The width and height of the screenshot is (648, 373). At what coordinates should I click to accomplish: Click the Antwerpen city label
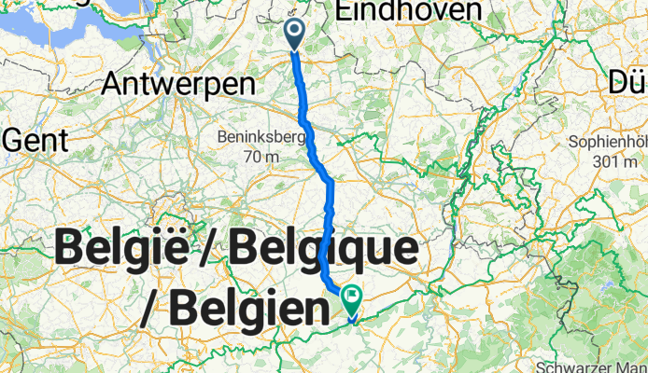pos(178,84)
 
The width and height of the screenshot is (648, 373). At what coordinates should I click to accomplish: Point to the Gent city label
pos(36,142)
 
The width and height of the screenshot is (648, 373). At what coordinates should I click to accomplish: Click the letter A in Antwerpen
pos(113,84)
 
